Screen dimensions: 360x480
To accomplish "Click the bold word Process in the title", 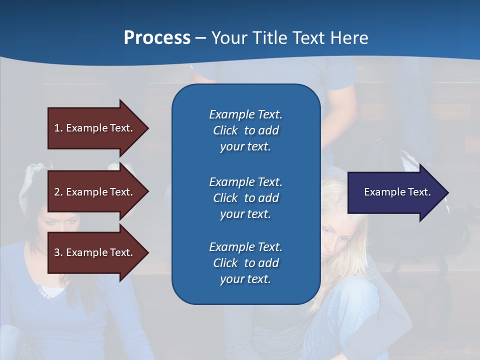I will pyautogui.click(x=157, y=38).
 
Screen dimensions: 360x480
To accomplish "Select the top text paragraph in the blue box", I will pyautogui.click(x=245, y=130).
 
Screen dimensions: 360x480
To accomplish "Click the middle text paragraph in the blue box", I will pyautogui.click(x=245, y=198).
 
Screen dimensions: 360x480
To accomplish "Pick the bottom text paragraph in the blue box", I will pyautogui.click(x=245, y=263).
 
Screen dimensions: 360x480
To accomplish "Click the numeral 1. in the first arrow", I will pyautogui.click(x=58, y=128).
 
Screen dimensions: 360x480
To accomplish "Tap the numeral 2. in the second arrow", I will pyautogui.click(x=58, y=192).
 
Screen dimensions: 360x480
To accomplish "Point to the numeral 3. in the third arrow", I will pyautogui.click(x=58, y=252).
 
